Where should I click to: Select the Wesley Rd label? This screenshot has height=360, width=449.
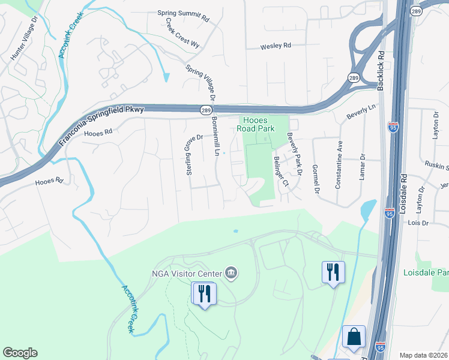tap(276, 46)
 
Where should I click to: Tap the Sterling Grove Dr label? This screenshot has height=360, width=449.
tap(191, 155)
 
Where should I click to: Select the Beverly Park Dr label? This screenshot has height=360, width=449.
tap(294, 152)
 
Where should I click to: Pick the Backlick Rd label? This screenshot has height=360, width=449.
tap(380, 69)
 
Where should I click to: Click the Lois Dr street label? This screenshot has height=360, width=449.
tap(417, 223)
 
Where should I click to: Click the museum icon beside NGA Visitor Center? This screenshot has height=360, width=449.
tap(231, 274)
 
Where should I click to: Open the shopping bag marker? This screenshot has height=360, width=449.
tap(354, 338)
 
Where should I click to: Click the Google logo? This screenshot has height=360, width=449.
tap(20, 353)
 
